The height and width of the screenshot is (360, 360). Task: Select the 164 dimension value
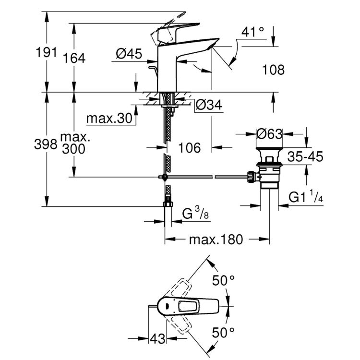click(x=74, y=58)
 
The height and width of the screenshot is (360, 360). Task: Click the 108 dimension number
click(x=274, y=70)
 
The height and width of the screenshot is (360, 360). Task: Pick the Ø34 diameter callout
click(x=209, y=105)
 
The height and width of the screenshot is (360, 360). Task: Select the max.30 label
click(x=109, y=119)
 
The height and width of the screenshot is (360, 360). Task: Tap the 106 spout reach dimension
click(x=189, y=148)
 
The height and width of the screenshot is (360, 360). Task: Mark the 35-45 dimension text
click(x=305, y=156)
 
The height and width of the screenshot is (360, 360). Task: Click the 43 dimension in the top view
click(x=156, y=338)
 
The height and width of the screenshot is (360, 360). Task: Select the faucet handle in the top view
click(x=192, y=306)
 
